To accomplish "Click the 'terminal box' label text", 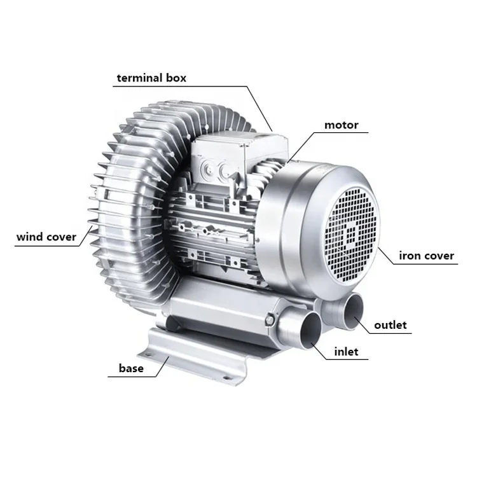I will tap(151, 78).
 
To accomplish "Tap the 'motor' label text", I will tap(342, 125).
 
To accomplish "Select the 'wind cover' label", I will tap(46, 237).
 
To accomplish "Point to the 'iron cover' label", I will tap(426, 256).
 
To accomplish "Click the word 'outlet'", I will tap(390, 325).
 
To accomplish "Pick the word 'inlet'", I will tap(346, 351).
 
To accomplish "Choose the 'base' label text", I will tap(131, 368).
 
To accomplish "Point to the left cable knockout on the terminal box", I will tap(207, 169).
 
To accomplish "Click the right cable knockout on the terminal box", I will tap(224, 170).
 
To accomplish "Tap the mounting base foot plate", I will tap(191, 356).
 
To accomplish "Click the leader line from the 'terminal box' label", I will tap(254, 105).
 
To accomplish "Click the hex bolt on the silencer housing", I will tap(272, 316).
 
